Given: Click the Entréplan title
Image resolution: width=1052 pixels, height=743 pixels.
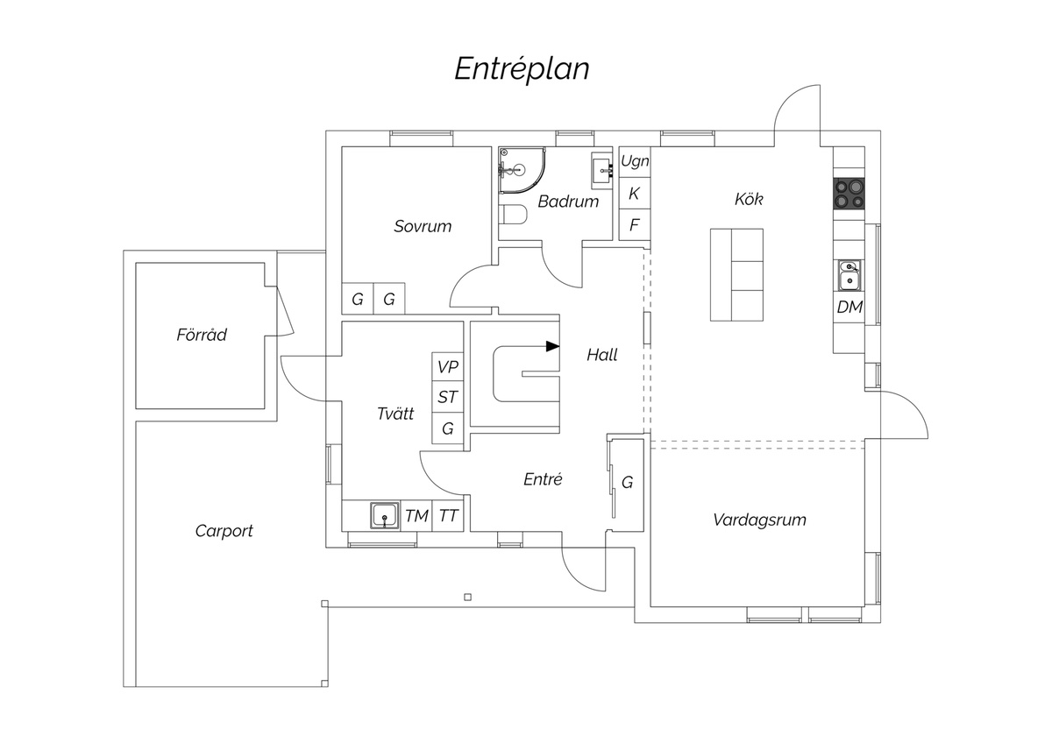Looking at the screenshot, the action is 522,69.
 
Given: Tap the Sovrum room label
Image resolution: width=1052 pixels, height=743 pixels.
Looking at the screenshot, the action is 423,226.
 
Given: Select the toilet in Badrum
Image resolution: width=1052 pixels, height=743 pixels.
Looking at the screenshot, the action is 513,216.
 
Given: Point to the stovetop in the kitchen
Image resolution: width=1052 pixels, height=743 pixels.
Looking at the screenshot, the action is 849,194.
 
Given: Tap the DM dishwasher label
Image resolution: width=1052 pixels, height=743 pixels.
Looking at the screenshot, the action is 849,307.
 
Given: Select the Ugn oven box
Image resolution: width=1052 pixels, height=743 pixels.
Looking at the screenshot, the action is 635,162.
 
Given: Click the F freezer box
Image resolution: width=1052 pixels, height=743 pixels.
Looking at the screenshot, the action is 635,225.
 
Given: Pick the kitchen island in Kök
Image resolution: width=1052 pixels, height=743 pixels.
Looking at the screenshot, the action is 736,275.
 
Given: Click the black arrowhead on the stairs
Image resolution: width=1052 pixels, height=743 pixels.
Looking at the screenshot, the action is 553,347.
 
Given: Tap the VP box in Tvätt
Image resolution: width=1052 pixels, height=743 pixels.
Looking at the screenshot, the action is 448,366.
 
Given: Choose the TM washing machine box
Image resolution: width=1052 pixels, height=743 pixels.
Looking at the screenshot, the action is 416,516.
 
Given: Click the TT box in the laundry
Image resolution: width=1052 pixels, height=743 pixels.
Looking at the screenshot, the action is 448,516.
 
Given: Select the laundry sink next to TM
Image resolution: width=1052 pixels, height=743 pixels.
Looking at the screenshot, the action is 385,516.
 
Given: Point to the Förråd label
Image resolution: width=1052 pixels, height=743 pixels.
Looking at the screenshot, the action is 202,335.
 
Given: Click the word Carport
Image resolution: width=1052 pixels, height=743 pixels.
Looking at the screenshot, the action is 224,531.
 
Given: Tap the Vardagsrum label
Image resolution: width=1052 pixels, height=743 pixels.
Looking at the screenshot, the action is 759,520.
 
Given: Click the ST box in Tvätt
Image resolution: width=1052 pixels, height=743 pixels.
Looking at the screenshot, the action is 448,397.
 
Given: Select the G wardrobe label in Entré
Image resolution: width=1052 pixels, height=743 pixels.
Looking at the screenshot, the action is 627,482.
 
